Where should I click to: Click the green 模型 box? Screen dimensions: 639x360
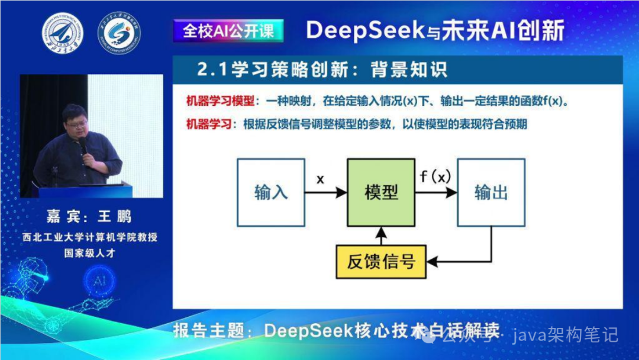381,192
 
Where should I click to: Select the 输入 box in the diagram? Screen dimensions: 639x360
271,192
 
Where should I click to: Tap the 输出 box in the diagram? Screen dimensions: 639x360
491,192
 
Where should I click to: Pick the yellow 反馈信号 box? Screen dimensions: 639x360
381,261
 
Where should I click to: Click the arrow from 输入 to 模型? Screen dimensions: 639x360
326,192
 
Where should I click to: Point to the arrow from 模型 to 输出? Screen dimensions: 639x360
436,192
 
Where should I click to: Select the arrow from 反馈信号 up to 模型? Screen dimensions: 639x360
381,235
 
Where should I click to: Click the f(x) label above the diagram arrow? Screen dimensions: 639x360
435,176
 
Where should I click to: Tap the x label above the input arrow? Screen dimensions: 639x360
320,178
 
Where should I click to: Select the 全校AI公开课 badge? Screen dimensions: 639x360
228,31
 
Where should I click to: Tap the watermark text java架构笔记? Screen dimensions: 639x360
565,335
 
